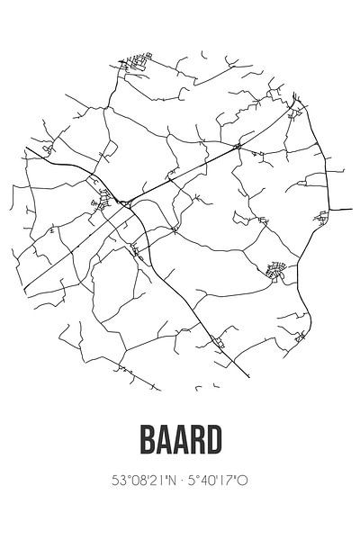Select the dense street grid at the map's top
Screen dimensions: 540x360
[135, 64]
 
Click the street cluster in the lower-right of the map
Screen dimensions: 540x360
[277, 268]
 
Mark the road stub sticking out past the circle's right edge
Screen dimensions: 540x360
[342, 210]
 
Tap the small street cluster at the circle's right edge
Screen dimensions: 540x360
[321, 216]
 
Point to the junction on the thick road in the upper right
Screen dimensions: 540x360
[238, 145]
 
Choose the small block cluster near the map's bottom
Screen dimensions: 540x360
[219, 341]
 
